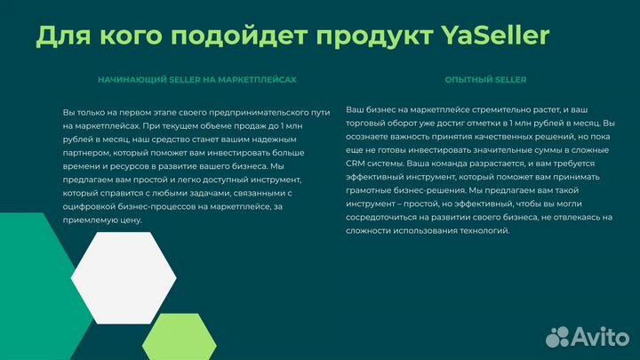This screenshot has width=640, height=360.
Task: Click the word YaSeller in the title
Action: [494, 35]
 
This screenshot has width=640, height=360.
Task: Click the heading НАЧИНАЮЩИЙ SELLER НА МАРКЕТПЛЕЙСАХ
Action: [196, 79]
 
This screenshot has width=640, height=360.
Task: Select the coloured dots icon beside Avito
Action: [557, 335]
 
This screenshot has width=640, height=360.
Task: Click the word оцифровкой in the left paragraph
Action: [92, 205]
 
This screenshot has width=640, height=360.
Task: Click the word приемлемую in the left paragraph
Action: [90, 219]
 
